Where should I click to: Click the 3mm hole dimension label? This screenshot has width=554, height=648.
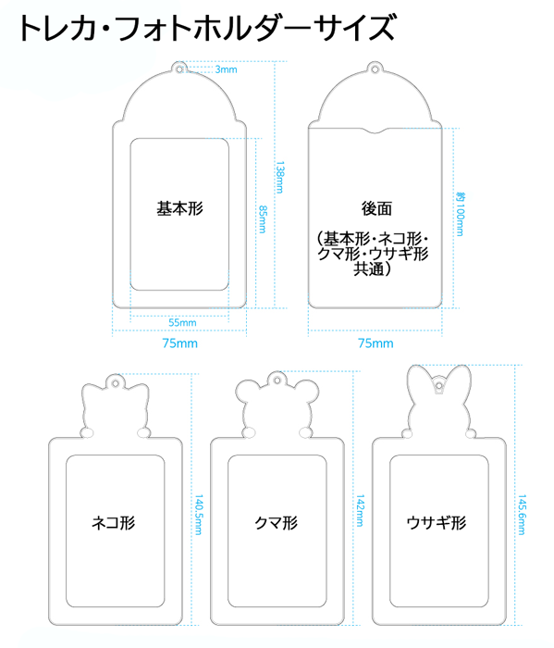click(227, 69)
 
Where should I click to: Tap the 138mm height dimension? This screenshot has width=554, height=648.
click(280, 178)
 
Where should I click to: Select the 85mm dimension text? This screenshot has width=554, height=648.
click(263, 219)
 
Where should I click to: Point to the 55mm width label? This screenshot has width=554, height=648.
click(182, 322)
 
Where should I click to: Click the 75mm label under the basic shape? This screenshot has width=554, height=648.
click(180, 343)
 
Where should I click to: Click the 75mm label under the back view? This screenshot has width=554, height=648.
click(375, 343)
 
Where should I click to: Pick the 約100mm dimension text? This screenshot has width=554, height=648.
click(460, 214)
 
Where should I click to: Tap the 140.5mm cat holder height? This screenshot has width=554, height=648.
click(199, 515)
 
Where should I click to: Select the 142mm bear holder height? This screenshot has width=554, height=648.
click(360, 510)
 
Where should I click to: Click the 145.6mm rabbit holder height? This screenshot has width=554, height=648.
click(522, 515)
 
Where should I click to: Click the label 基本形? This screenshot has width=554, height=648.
click(180, 208)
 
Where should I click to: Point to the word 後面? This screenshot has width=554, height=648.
click(376, 208)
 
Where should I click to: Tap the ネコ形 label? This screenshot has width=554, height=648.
click(114, 523)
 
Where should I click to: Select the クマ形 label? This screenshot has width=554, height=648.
click(277, 523)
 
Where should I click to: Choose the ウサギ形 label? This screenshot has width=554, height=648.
click(437, 523)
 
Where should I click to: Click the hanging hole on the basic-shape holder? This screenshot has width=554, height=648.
click(179, 69)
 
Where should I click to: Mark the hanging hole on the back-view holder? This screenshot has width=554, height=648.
click(375, 69)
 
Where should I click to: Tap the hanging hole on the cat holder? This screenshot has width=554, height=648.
click(116, 383)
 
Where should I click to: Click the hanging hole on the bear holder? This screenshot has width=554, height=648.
click(277, 380)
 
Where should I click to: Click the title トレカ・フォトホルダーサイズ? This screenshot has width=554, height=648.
click(207, 27)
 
